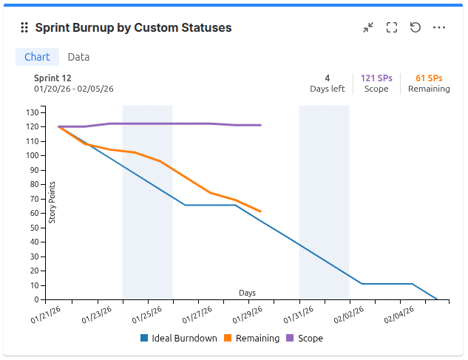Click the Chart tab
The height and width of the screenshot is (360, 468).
(x=37, y=57)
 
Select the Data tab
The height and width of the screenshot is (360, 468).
(x=78, y=57)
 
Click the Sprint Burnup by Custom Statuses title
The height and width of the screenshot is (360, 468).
(x=133, y=27)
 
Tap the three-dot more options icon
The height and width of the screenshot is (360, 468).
(x=439, y=27)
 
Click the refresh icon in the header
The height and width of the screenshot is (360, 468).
(x=416, y=27)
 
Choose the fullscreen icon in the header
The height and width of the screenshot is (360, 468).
(x=392, y=27)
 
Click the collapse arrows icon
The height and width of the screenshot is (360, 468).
(x=368, y=27)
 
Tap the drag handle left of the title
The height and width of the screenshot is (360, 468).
(x=24, y=27)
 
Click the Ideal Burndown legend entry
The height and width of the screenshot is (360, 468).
(x=178, y=339)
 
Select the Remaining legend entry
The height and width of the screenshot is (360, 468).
(x=251, y=339)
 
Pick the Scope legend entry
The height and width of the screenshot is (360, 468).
(x=304, y=339)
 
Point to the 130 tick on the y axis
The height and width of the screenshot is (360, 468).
(x=32, y=112)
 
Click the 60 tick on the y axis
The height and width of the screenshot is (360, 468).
(x=34, y=213)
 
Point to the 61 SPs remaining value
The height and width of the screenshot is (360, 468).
(x=429, y=78)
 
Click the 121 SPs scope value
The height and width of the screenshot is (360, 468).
(x=376, y=78)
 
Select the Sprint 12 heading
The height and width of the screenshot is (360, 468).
(x=52, y=78)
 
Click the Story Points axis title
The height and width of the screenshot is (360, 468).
(x=52, y=202)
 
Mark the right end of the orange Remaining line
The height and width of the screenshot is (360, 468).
(x=260, y=211)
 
